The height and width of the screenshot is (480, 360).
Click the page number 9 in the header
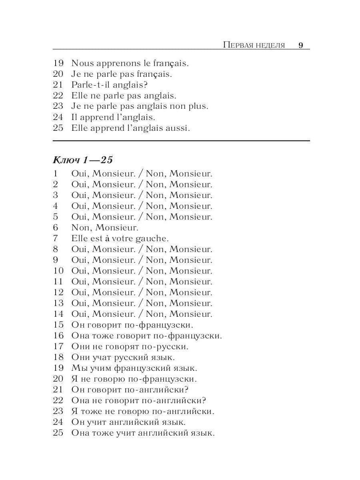pyautogui.click(x=301, y=45)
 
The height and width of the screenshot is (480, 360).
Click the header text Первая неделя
pyautogui.click(x=254, y=45)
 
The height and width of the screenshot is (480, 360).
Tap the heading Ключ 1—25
pyautogui.click(x=83, y=160)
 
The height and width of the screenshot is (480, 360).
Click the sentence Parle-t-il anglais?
pyautogui.click(x=110, y=85)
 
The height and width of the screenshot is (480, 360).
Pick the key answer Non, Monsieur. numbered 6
pyautogui.click(x=105, y=228)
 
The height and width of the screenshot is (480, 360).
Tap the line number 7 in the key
pyautogui.click(x=55, y=238)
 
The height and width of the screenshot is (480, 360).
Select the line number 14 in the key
pyautogui.click(x=58, y=314)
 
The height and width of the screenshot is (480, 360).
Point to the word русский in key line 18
pyautogui.click(x=131, y=357)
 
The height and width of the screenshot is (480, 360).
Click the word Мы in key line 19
pyautogui.click(x=78, y=368)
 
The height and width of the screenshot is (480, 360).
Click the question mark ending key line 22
pyautogui.click(x=204, y=400)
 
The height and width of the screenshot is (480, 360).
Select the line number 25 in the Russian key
pyautogui.click(x=58, y=433)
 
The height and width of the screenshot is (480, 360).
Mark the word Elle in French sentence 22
pyautogui.click(x=79, y=96)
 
